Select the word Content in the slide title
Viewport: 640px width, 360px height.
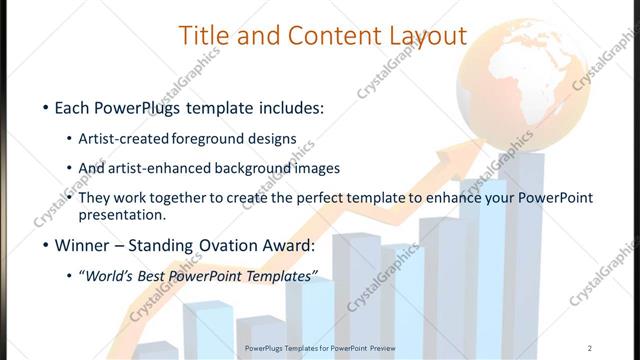pos(328,36)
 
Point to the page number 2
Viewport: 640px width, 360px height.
pos(591,349)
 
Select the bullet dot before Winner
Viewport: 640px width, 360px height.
pos(46,247)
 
